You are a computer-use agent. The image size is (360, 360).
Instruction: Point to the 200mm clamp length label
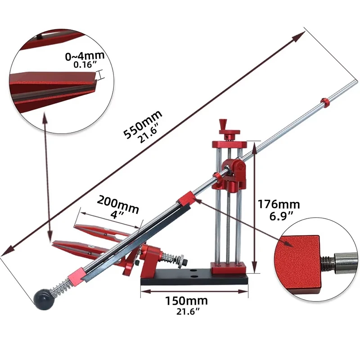(x=118, y=201)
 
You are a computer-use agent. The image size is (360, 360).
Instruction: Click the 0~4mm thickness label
(x=85, y=56)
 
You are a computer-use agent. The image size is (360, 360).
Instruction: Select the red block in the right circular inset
(x=297, y=264)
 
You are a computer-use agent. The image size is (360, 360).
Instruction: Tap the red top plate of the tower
(x=229, y=144)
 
